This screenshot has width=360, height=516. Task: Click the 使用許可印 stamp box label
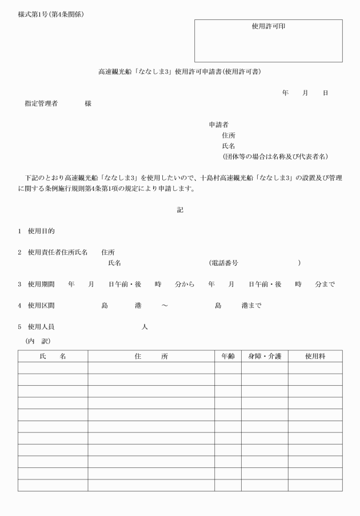(268, 26)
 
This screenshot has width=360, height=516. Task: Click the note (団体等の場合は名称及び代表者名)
(274, 157)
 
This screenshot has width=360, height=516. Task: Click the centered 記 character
(180, 210)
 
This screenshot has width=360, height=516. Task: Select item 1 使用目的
(41, 231)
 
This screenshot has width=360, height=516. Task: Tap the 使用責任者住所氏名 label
(57, 252)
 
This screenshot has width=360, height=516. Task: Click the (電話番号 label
(223, 263)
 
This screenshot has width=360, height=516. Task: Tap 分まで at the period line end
(325, 284)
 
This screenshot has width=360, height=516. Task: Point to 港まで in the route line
(251, 305)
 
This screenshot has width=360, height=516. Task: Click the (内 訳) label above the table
(38, 341)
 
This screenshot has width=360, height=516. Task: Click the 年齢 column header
(227, 356)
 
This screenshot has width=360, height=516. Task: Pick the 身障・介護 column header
(264, 356)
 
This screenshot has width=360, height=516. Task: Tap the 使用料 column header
(315, 356)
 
